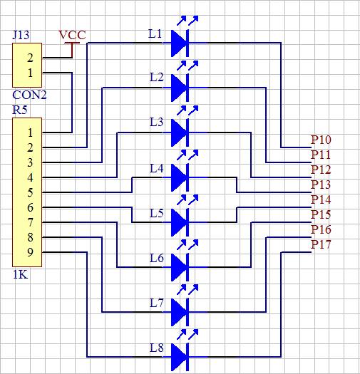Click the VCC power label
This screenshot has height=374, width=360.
(x=72, y=36)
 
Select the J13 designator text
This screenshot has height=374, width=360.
(x=21, y=35)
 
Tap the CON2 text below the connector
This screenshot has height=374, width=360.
(x=29, y=95)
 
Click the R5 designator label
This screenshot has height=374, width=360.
(x=20, y=110)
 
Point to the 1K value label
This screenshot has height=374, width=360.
(x=20, y=275)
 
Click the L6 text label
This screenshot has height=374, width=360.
(x=157, y=259)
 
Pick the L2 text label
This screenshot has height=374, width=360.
(x=157, y=77)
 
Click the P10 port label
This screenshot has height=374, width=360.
(x=321, y=140)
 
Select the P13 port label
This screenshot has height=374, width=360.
(x=321, y=185)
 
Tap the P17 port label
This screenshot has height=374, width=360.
(x=321, y=244)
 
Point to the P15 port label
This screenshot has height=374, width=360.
(x=321, y=214)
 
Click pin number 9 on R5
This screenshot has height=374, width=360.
(x=30, y=252)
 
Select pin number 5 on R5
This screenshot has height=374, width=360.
(x=30, y=192)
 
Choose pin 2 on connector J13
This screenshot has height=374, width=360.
(x=30, y=58)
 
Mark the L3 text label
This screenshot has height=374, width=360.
(x=157, y=122)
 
